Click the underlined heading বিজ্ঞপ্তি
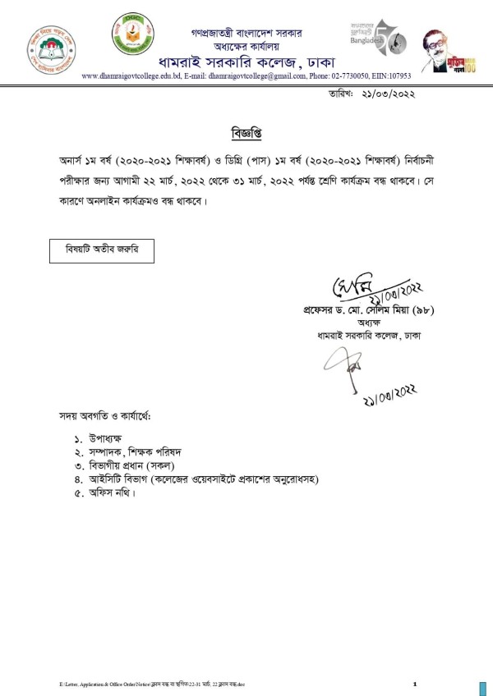tap(246, 131)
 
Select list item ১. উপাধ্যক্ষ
tap(104, 441)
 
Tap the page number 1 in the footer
tap(415, 683)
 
